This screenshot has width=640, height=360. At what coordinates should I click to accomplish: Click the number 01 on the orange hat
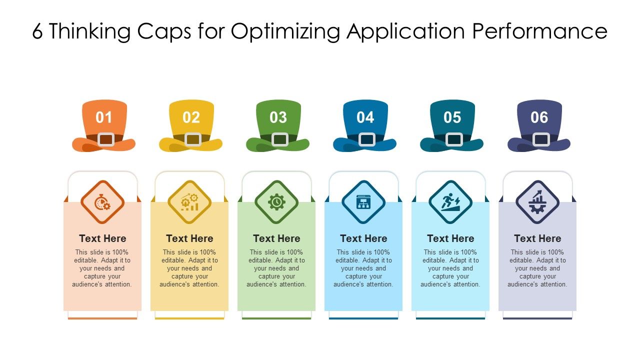[104, 117]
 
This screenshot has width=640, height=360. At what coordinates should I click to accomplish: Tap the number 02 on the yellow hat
[191, 117]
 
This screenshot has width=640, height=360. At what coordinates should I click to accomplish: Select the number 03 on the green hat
[278, 117]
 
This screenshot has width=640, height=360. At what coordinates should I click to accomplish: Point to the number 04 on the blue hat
[365, 117]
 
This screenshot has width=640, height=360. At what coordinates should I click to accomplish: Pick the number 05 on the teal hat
[452, 117]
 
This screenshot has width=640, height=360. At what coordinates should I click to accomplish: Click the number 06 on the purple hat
[539, 117]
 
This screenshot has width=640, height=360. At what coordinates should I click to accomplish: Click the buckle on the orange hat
[106, 139]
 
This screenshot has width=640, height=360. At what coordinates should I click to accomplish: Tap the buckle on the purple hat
[541, 139]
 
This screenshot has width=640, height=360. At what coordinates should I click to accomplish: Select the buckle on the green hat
[280, 139]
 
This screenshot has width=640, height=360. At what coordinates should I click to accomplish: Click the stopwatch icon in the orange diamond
[102, 202]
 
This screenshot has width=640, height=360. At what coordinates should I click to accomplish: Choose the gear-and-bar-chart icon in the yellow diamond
[189, 202]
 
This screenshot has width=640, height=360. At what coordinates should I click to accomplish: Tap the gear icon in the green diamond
[276, 202]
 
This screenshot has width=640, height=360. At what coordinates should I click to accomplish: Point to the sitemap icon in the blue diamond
[363, 202]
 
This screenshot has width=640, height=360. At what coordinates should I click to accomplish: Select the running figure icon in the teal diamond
[450, 202]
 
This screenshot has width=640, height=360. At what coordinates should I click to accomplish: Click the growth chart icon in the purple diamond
[537, 202]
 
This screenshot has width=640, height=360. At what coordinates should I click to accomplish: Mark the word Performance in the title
[540, 31]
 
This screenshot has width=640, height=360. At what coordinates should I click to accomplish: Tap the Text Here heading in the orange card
[102, 238]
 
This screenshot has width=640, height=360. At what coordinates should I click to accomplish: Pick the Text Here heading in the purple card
[537, 238]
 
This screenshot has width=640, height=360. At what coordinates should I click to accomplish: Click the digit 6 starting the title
[38, 31]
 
